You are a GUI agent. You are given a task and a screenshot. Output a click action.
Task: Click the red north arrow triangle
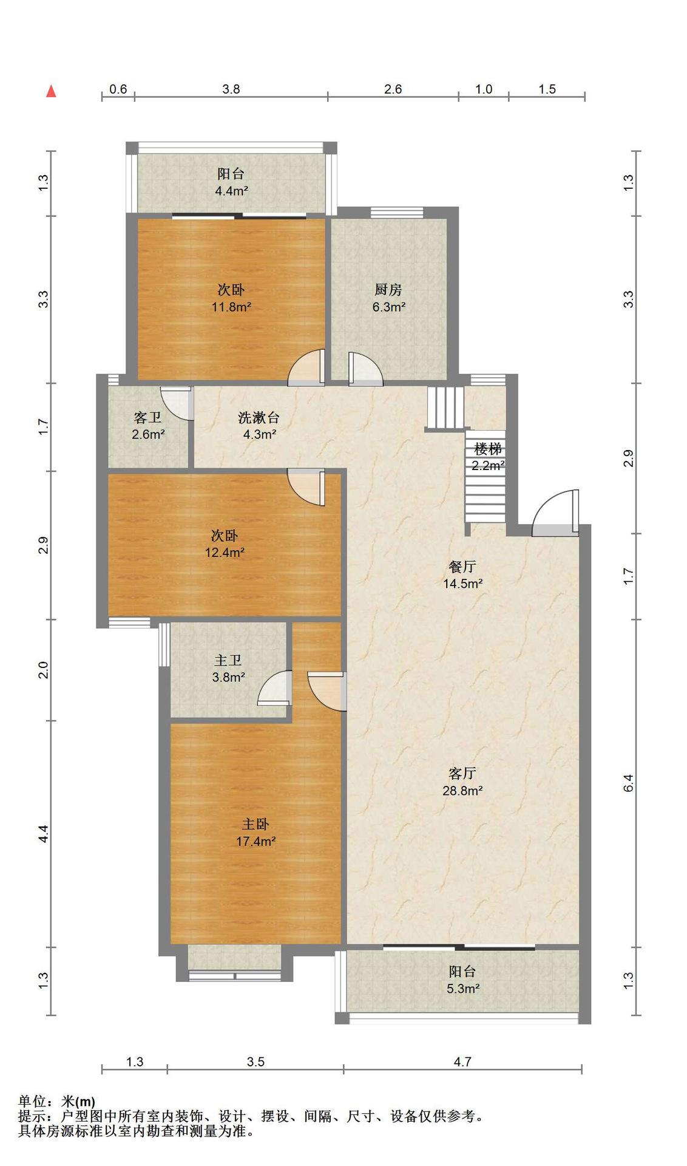(52, 91)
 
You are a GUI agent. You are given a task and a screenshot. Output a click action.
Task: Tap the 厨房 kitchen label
(388, 290)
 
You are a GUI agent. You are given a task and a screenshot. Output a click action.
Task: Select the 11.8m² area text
(231, 307)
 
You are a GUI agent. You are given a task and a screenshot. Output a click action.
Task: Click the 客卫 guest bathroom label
(147, 418)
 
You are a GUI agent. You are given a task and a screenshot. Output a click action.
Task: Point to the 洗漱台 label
(259, 418)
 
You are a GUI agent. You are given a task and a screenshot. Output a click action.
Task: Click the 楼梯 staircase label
(488, 449)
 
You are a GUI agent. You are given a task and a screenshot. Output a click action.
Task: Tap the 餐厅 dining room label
(462, 567)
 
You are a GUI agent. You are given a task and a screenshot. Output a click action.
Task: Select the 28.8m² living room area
(462, 791)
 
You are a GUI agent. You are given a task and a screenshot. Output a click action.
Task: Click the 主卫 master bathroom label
(228, 660)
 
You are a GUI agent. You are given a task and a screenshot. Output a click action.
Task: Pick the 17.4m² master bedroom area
(256, 842)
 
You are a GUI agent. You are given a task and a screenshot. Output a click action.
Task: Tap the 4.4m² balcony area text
(231, 191)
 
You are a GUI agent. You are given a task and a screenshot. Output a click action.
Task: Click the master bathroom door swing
(275, 688)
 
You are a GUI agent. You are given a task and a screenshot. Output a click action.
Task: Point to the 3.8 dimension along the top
(231, 89)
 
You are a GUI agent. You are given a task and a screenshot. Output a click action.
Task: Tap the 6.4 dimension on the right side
(629, 783)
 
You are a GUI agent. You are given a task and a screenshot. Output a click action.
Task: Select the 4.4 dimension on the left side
(43, 834)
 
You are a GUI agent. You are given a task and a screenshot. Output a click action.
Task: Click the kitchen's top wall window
(397, 212)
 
